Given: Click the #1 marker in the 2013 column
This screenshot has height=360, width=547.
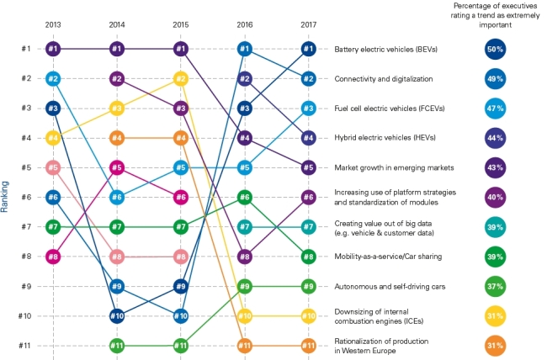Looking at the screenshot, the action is coord(53,49).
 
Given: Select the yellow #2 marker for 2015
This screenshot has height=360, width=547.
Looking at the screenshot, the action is coord(181,79).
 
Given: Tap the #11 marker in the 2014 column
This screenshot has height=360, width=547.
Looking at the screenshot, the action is coord(117,346).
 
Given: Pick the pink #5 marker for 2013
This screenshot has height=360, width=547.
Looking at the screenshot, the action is coord(53,167).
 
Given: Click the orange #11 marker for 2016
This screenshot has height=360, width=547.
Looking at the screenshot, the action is coord(245,346).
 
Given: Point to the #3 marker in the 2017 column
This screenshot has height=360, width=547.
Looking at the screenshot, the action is coord(308,109).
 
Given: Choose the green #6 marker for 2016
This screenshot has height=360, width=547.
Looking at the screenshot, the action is coord(245,198).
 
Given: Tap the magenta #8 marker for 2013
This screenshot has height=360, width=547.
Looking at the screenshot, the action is coord(53,257).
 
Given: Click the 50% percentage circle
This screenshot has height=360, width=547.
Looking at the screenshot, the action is coord(495,49).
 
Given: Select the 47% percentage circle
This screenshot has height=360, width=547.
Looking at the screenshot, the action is coord(495,109).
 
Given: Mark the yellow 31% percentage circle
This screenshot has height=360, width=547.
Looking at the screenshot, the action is coord(495,316).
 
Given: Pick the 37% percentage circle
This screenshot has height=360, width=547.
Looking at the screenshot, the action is coord(495,286).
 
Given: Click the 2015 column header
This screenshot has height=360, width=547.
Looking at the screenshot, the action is coord(181,24).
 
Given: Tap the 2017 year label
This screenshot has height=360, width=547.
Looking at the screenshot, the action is coord(308,24).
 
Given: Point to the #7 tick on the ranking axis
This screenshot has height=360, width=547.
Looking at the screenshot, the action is coord(26,227).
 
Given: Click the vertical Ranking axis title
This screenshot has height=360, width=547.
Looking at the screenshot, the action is coord(4,197).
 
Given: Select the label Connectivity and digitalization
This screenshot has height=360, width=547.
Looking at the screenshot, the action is coord(384,79).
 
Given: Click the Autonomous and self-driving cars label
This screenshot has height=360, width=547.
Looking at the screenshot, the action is coord(390,286).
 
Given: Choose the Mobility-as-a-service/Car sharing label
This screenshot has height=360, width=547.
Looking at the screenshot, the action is coord(388,257).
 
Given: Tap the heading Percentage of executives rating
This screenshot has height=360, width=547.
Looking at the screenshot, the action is coord(495,15).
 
